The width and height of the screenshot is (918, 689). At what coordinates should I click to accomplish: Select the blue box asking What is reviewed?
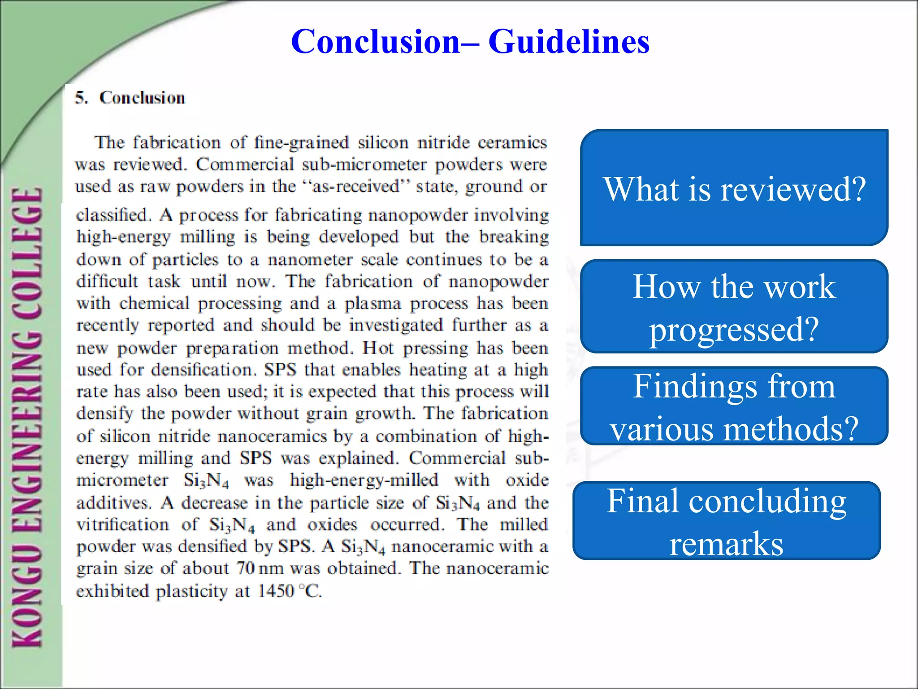[734, 188]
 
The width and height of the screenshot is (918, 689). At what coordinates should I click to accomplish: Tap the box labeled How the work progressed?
[734, 307]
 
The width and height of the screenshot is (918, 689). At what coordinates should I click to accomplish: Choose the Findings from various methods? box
[734, 406]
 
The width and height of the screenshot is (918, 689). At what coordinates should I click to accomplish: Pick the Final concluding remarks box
[726, 521]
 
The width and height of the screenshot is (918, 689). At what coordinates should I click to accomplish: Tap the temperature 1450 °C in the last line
[290, 591]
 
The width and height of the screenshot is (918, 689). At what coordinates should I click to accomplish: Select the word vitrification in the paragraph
[122, 524]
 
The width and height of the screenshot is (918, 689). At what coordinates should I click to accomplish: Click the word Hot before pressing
[378, 348]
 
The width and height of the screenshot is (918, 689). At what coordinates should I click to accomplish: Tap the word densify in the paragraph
[104, 413]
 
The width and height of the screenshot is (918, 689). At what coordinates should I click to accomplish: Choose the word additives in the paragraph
[113, 502]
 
